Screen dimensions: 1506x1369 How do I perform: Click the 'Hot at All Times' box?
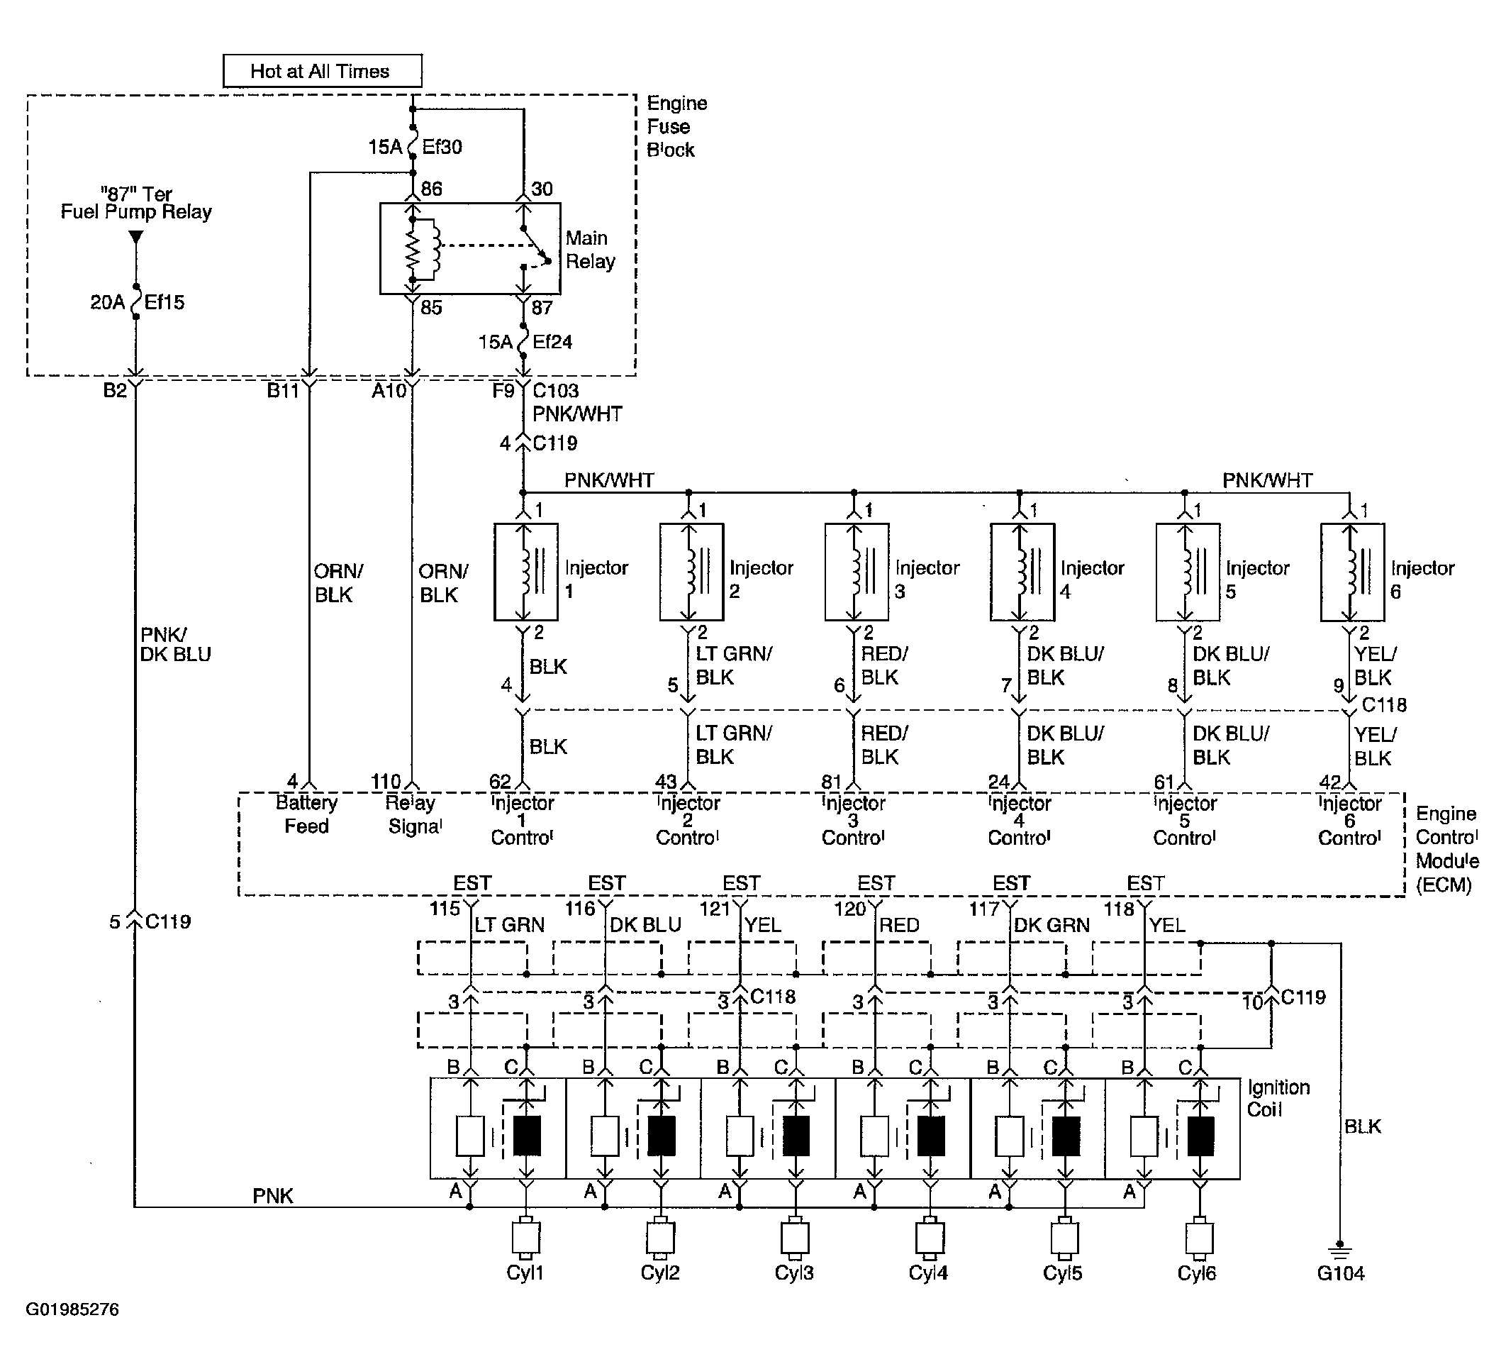(x=322, y=71)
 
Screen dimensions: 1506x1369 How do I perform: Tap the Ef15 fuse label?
(x=164, y=302)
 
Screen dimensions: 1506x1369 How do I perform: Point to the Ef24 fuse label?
(x=552, y=341)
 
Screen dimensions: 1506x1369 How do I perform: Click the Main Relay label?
(x=590, y=250)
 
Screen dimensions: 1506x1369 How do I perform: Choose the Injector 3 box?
(x=856, y=572)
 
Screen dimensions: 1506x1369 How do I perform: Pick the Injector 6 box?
(x=1352, y=572)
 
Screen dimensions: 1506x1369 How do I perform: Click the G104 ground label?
(x=1341, y=1273)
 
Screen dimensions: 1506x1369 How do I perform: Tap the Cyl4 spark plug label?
(x=928, y=1273)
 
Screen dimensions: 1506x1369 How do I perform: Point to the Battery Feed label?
(x=306, y=814)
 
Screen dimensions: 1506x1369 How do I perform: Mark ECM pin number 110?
(x=386, y=781)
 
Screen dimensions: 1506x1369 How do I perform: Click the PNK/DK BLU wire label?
(x=176, y=644)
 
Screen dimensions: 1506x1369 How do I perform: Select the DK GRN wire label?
(x=1052, y=925)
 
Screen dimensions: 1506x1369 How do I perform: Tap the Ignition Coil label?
(x=1278, y=1098)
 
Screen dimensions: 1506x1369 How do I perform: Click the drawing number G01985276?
(x=72, y=1309)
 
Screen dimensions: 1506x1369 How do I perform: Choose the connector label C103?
(x=556, y=390)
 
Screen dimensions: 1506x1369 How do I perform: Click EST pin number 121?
(x=715, y=909)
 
